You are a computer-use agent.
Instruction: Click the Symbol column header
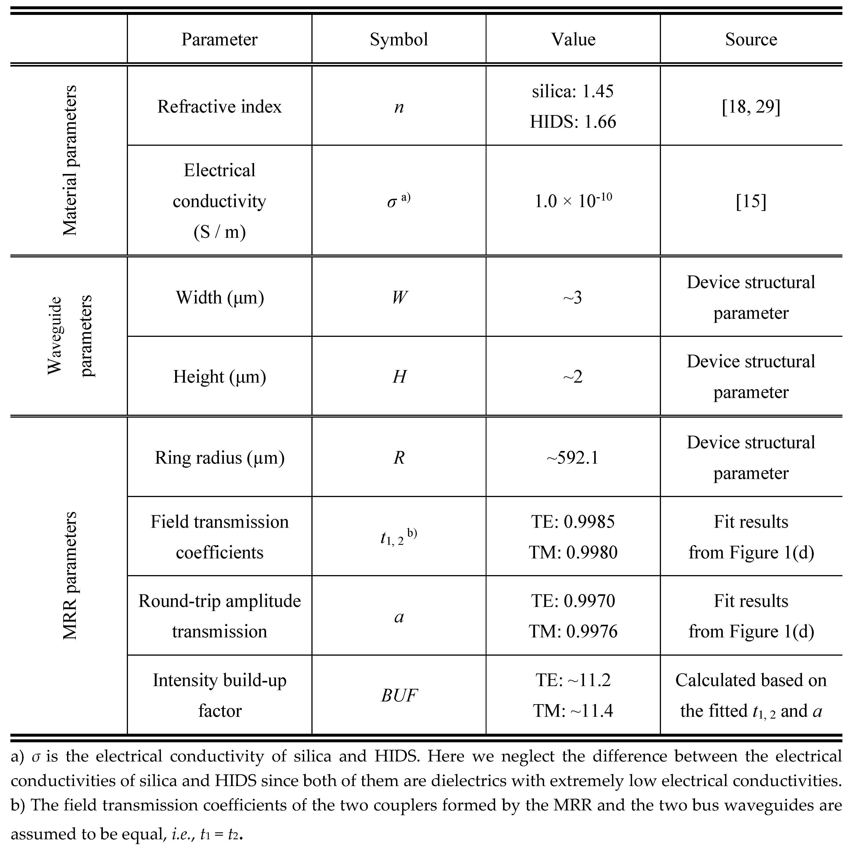pyautogui.click(x=399, y=39)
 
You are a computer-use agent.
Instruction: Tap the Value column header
pyautogui.click(x=573, y=39)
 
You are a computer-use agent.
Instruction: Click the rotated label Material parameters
pyautogui.click(x=70, y=160)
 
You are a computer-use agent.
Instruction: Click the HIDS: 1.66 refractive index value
pyautogui.click(x=573, y=122)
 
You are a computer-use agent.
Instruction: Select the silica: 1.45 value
pyautogui.click(x=573, y=91)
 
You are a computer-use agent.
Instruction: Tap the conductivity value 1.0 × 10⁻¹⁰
pyautogui.click(x=573, y=201)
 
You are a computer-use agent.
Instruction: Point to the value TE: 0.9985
pyautogui.click(x=573, y=522)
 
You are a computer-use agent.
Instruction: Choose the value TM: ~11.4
pyautogui.click(x=573, y=711)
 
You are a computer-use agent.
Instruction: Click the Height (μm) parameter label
pyautogui.click(x=219, y=377)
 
